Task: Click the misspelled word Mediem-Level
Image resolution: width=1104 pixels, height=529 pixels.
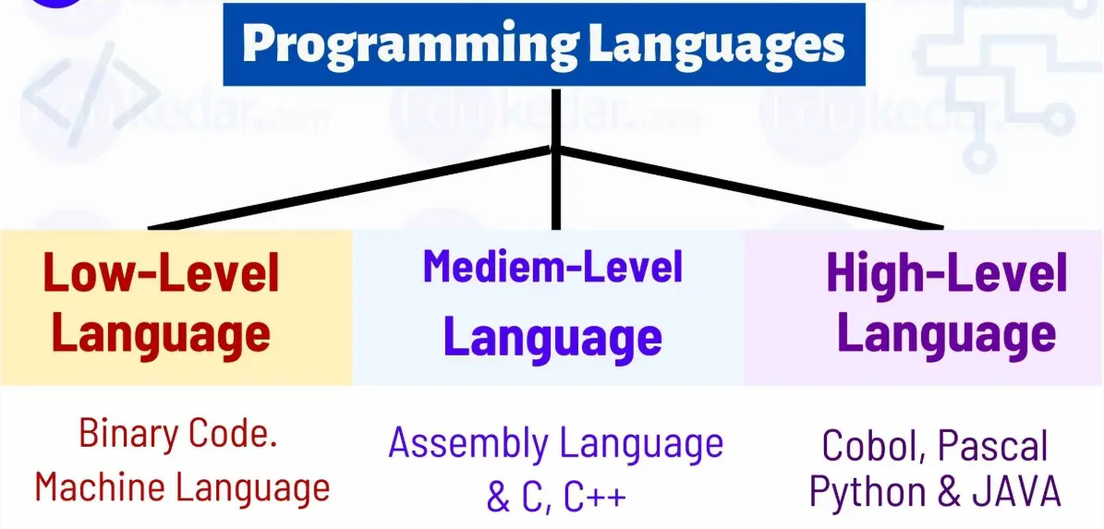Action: pos(552,267)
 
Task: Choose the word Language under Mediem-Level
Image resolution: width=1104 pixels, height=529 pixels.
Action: pos(552,337)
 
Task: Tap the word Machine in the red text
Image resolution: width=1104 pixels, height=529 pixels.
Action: pos(99,487)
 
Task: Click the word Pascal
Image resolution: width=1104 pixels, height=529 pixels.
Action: pos(993,447)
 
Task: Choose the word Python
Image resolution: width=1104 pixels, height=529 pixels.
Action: pos(868,492)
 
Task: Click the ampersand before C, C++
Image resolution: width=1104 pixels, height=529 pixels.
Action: pos(498,498)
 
